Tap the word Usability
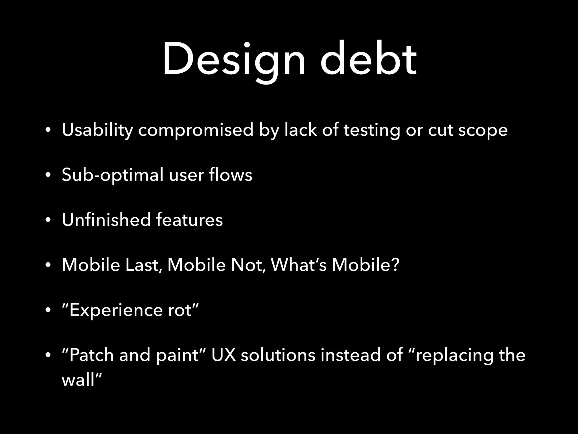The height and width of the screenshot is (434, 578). click(97, 130)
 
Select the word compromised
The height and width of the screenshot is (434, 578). click(196, 130)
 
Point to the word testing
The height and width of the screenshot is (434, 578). click(372, 130)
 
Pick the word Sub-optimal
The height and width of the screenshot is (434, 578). click(112, 175)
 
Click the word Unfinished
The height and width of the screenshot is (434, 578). click(106, 220)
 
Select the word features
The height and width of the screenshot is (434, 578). click(189, 220)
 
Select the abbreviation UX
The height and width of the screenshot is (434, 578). click(223, 355)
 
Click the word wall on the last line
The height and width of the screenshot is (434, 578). click(78, 380)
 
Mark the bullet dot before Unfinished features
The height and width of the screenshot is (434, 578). click(48, 220)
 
